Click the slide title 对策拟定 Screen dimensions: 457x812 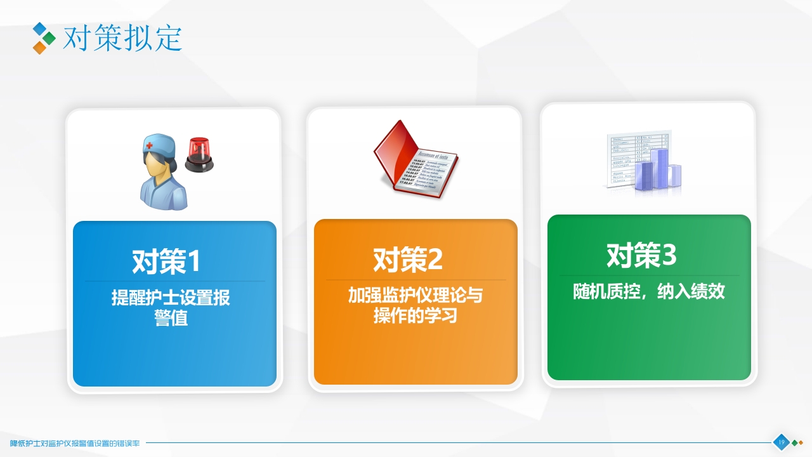click(x=122, y=38)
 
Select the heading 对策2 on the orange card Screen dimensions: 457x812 click(x=407, y=259)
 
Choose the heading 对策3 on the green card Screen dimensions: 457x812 click(x=641, y=255)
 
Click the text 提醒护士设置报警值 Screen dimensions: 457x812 click(x=171, y=307)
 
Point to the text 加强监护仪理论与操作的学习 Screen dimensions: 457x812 click(x=416, y=305)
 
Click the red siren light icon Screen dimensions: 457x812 click(x=199, y=156)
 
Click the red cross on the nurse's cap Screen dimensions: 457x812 click(x=150, y=146)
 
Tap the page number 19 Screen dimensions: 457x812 click(x=781, y=442)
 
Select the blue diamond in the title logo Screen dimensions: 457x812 click(x=39, y=28)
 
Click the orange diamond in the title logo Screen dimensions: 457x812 click(x=39, y=48)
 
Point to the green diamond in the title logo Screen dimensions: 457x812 click(x=49, y=38)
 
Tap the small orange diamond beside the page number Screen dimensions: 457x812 click(x=801, y=442)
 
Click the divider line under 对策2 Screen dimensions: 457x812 click(x=416, y=280)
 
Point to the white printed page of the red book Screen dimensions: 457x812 click(x=431, y=170)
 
